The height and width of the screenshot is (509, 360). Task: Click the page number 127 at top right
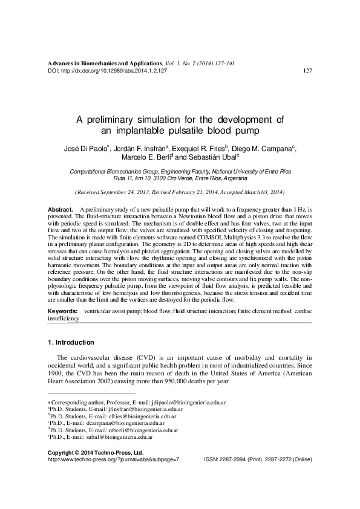pyautogui.click(x=307, y=71)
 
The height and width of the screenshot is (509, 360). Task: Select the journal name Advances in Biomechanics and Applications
pyautogui.click(x=103, y=63)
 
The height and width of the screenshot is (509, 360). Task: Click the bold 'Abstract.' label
pyautogui.click(x=60, y=209)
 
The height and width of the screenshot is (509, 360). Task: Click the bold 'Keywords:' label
pyautogui.click(x=62, y=311)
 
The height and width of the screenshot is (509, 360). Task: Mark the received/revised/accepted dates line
pyautogui.click(x=178, y=192)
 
